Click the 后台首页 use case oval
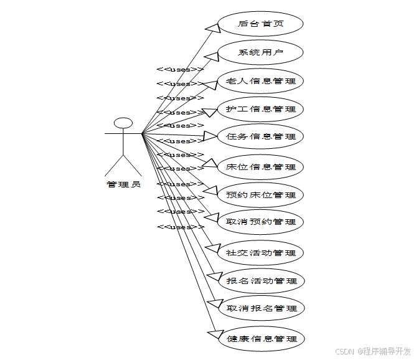(261, 24)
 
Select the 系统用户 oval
(261, 52)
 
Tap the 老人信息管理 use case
(261, 81)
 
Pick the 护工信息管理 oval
(261, 109)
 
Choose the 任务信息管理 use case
(261, 136)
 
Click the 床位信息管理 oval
(261, 167)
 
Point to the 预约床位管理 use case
(261, 195)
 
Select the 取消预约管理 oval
(261, 222)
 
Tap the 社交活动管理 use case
(261, 253)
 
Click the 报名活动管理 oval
(261, 281)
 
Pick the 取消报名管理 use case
(261, 308)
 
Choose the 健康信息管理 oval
(261, 339)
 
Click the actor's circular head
(123, 122)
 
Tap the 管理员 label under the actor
(123, 184)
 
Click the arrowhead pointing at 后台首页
(214, 27)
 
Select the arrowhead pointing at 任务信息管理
(211, 136)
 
